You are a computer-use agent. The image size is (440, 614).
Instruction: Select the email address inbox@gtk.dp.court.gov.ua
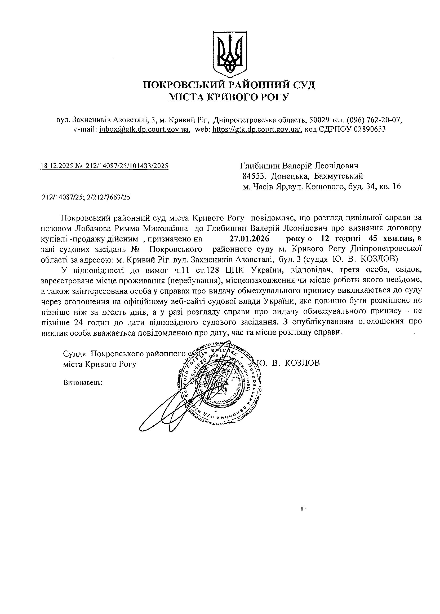[144, 129]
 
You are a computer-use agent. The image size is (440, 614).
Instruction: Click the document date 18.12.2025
[56, 166]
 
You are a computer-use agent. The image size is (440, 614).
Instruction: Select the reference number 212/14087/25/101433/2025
[127, 166]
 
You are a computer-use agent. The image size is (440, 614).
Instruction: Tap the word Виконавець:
[83, 383]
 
